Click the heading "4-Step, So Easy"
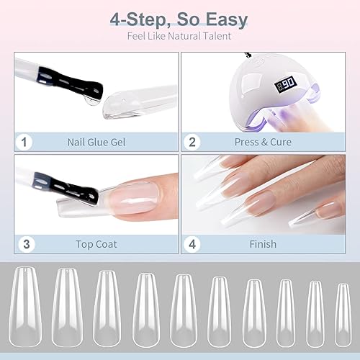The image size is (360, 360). [180, 18]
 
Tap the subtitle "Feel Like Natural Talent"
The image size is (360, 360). [180, 35]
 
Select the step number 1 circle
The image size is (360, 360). [25, 142]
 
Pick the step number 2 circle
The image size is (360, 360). [193, 142]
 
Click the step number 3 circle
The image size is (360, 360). [25, 244]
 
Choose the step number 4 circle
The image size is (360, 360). [193, 244]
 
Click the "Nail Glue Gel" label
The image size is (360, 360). [96, 142]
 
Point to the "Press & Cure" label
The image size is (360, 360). [263, 142]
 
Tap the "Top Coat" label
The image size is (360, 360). [96, 244]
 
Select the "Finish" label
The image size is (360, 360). [263, 244]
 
